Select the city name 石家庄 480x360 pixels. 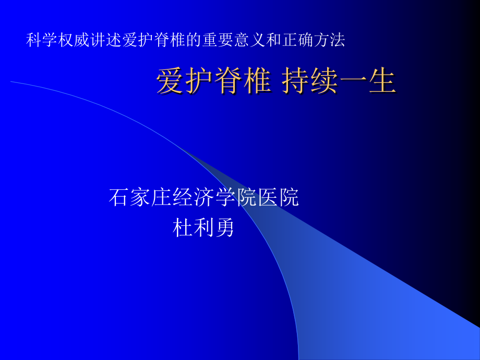tap(140, 198)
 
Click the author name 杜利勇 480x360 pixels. tap(203, 227)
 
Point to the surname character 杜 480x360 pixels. tap(183, 227)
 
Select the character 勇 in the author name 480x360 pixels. tap(225, 227)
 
